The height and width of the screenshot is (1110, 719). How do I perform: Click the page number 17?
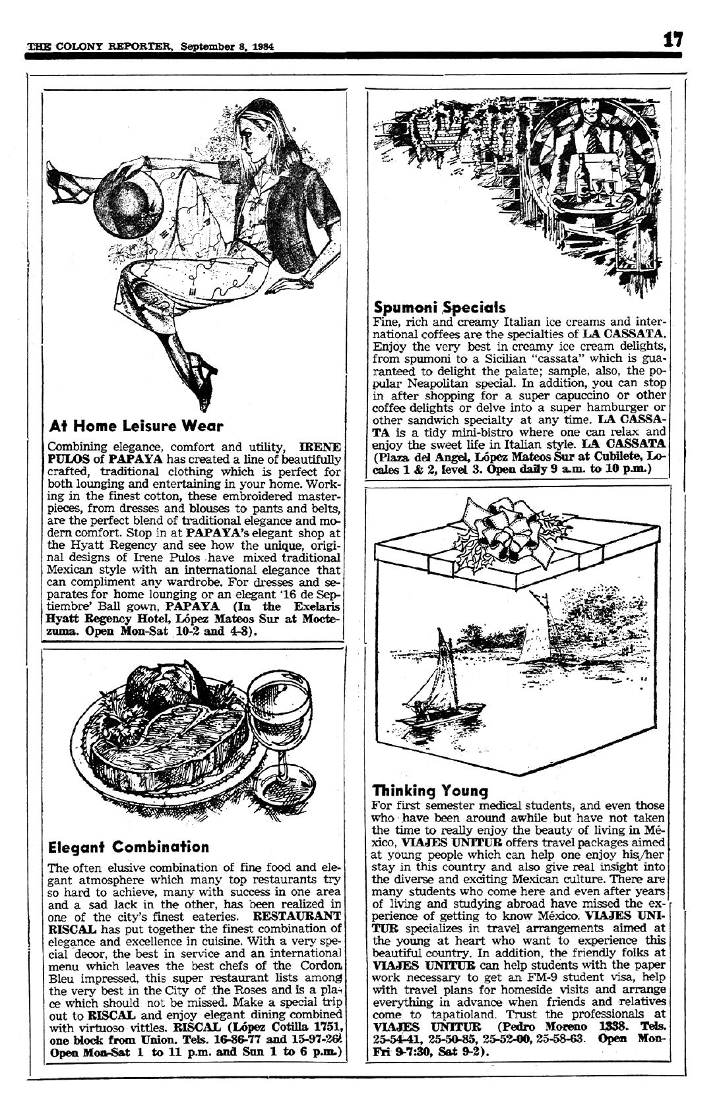pos(673,40)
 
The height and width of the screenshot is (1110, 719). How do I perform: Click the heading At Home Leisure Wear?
pos(137,426)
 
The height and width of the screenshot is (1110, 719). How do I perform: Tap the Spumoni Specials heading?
pos(439,307)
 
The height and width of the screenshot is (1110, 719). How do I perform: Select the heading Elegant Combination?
pos(129,846)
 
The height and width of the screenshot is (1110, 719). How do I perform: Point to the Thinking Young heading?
pos(430,790)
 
